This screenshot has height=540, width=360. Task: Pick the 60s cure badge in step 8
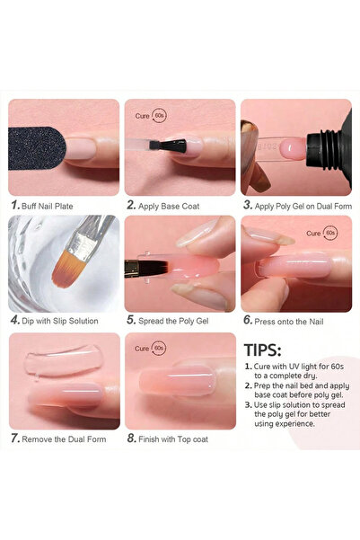(x=160, y=347)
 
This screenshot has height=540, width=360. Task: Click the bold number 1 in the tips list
(x=248, y=367)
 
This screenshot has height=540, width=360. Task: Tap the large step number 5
(x=131, y=319)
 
